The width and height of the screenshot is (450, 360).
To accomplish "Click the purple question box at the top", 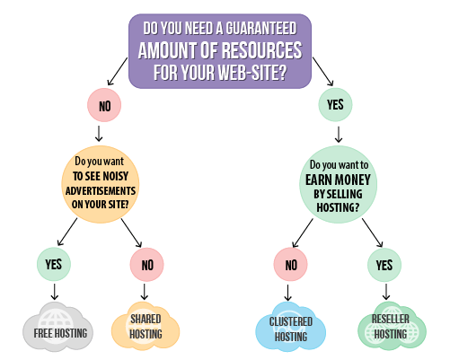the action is (x=220, y=51).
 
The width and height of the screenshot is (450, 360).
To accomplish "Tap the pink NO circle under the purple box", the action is (x=104, y=105).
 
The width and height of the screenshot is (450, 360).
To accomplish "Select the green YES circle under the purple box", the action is (x=335, y=105).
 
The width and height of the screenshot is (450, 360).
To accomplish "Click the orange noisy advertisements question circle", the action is (x=101, y=184).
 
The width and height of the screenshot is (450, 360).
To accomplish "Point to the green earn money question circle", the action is (x=338, y=184).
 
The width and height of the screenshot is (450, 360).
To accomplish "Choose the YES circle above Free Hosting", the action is (x=54, y=264).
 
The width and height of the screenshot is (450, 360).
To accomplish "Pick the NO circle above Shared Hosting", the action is (x=146, y=265).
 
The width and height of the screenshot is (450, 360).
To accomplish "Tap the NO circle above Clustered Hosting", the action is (x=290, y=265).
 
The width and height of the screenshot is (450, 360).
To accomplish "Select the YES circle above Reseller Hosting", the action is (x=384, y=265).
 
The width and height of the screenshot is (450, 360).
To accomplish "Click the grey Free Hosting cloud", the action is (x=58, y=327).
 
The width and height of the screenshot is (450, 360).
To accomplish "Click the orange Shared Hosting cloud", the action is (x=146, y=325).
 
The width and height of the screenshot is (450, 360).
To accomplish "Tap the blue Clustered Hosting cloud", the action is (x=290, y=326).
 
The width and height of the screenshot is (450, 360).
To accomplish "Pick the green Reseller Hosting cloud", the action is (x=392, y=326).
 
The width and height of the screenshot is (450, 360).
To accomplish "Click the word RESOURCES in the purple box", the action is (x=262, y=50).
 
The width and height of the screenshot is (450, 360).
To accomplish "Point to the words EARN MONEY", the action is (x=338, y=180).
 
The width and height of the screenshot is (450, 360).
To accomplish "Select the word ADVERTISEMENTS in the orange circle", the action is (x=101, y=190).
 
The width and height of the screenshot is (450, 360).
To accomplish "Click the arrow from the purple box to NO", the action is (x=118, y=71).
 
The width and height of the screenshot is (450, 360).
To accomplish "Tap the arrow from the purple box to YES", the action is (x=322, y=72).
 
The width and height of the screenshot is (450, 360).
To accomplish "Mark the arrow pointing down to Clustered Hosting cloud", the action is (x=287, y=293).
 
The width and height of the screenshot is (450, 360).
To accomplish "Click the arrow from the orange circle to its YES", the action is (x=67, y=232).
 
